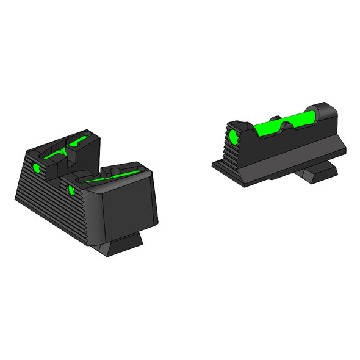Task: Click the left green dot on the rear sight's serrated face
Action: [35, 167]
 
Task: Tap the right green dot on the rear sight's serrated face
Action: [72, 189]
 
